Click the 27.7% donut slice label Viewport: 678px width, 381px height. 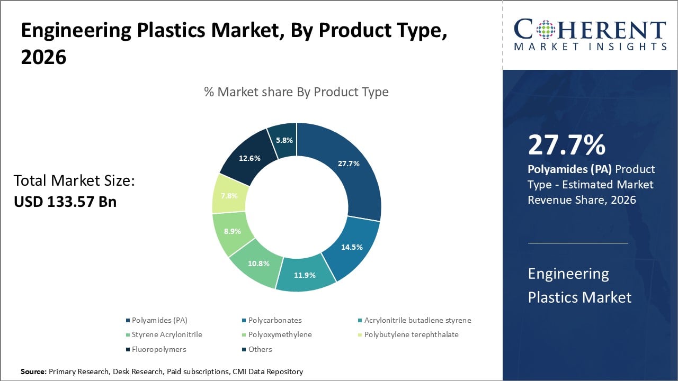click(349, 164)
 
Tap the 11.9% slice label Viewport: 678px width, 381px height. click(305, 275)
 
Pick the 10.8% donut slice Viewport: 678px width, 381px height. click(258, 263)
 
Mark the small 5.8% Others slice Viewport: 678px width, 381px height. click(283, 140)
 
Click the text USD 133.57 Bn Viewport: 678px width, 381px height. click(65, 202)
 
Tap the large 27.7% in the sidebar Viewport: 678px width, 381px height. click(566, 146)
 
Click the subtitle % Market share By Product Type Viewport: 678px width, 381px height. click(296, 92)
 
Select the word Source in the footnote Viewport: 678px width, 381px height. click(33, 372)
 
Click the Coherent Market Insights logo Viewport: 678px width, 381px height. click(590, 34)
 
